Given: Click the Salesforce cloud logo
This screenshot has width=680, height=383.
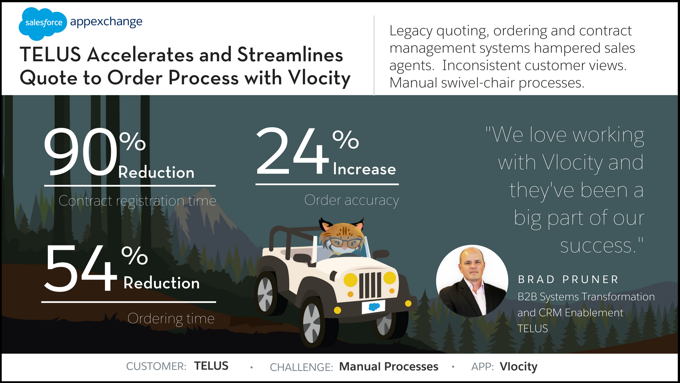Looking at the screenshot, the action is (x=42, y=23).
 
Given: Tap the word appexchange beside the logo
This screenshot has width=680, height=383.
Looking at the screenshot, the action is (x=106, y=22).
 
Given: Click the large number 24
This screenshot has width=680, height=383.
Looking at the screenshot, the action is (x=292, y=151).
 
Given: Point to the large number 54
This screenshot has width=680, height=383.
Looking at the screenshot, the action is (x=81, y=268).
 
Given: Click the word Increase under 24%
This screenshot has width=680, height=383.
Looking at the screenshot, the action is (x=364, y=169).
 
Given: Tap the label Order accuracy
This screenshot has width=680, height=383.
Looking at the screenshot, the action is (x=351, y=200).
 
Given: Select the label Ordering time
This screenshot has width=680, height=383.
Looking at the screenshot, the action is (x=171, y=318).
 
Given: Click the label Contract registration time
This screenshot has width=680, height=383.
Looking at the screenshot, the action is (x=137, y=201).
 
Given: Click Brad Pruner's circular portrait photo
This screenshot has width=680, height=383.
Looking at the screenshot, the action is (x=472, y=281).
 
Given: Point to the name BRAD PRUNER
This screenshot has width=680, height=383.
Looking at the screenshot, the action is (x=568, y=279).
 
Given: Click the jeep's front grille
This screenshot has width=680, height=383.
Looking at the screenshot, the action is (x=370, y=285).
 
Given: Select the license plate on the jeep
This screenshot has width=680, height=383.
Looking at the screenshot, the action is (x=373, y=307).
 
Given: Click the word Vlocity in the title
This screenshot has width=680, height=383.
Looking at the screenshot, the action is (x=319, y=78).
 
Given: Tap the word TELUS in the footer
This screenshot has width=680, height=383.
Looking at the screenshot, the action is (x=211, y=366).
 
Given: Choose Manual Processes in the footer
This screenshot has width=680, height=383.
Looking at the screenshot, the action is (x=389, y=366).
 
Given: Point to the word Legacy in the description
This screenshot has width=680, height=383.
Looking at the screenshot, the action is (x=411, y=31).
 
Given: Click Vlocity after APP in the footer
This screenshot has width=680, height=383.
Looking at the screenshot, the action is (x=518, y=366).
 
